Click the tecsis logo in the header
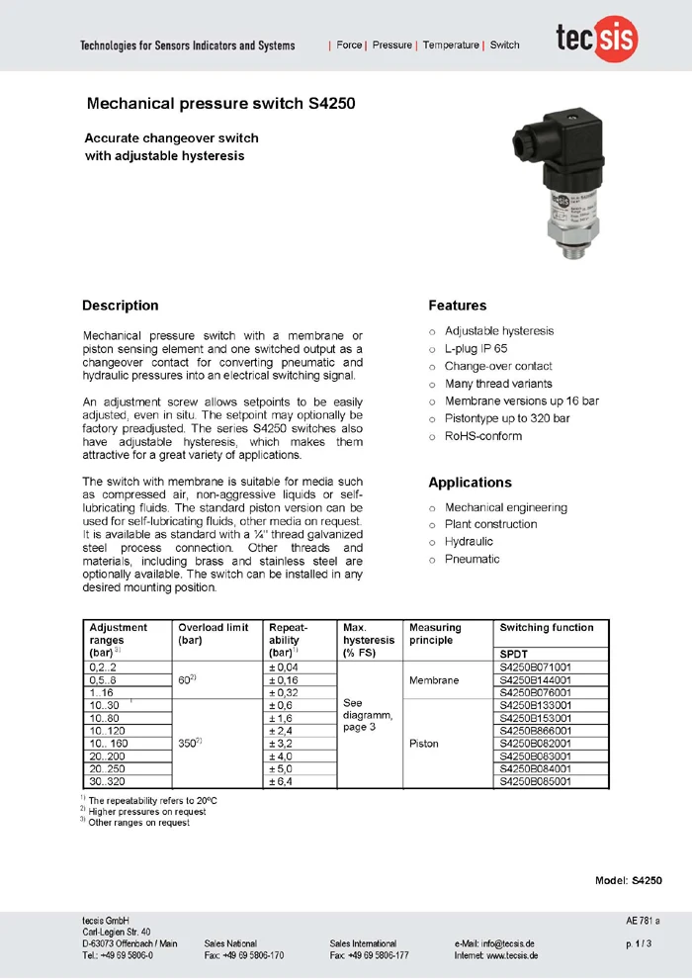click(595, 41)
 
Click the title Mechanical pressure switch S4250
click(220, 103)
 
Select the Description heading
click(120, 306)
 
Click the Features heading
click(457, 306)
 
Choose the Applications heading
click(470, 483)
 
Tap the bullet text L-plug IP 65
click(476, 348)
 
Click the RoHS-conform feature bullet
click(483, 436)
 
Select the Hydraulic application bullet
click(469, 542)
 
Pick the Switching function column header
click(547, 628)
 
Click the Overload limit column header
click(213, 628)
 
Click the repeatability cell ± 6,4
click(283, 781)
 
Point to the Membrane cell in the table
click(433, 680)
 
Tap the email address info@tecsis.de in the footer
click(509, 943)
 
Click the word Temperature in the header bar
click(451, 45)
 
